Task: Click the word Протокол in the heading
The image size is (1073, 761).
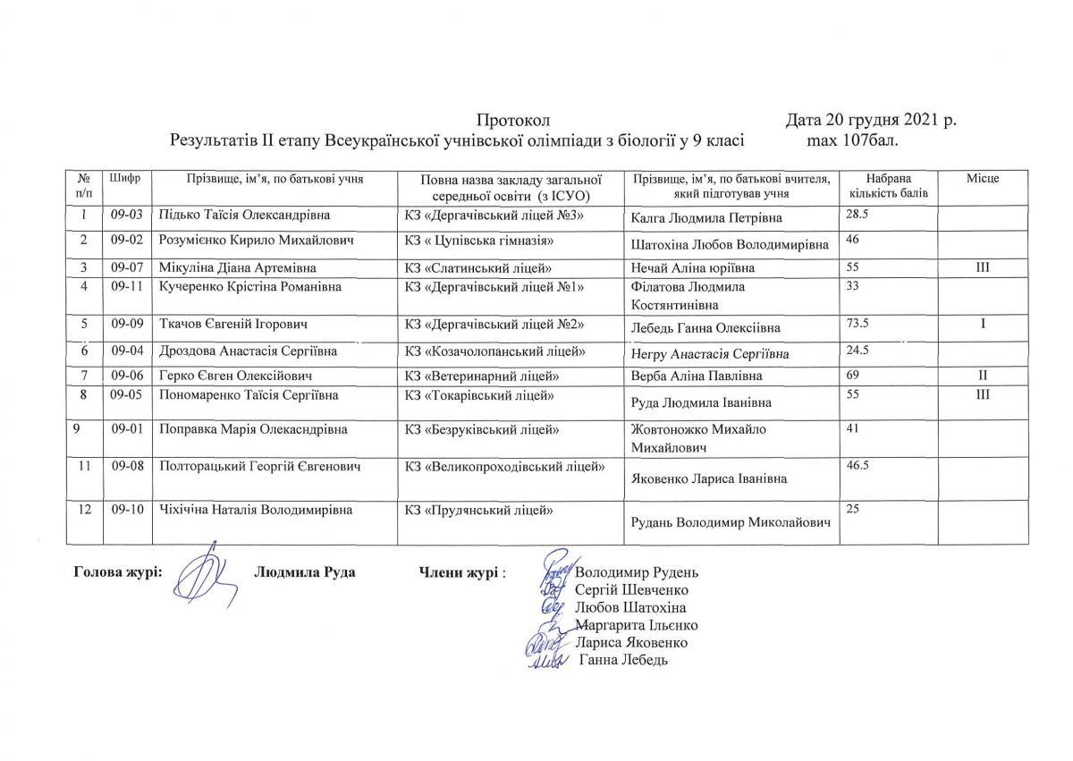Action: tap(511, 121)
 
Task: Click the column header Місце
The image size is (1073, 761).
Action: tap(982, 179)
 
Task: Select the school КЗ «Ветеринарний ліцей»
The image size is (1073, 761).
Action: tap(482, 376)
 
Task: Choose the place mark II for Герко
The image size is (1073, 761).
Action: tap(982, 376)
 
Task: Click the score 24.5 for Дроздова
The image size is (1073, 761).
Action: tap(858, 350)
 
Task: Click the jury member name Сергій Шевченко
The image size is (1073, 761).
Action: tap(632, 589)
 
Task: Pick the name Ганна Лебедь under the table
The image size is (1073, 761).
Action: tap(624, 660)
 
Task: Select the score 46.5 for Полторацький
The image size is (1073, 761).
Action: tap(858, 466)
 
